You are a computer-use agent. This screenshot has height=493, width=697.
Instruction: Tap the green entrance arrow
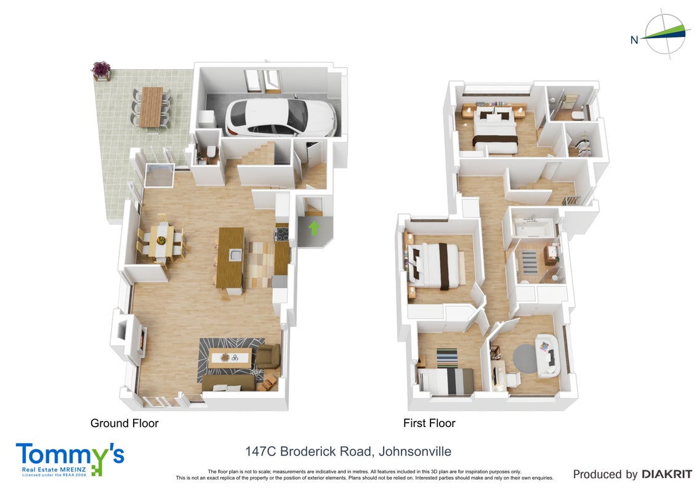314,228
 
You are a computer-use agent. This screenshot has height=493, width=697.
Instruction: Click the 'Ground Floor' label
124,423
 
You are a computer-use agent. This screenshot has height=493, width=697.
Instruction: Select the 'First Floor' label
429,423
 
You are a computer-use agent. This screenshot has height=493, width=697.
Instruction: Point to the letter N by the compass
634,40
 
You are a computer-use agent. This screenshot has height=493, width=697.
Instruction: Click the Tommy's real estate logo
70,459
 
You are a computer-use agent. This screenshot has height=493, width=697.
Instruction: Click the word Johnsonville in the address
415,452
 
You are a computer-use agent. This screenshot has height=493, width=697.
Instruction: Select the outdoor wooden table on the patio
151,107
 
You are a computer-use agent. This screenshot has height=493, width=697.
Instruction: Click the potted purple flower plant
101,70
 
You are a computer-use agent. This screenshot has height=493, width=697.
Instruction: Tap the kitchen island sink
235,255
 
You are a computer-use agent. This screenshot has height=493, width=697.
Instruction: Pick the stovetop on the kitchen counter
282,234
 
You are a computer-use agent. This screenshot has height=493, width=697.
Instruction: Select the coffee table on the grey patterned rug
230,358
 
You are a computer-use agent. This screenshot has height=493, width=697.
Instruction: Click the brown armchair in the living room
268,356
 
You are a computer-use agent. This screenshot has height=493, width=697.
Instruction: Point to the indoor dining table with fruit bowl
161,241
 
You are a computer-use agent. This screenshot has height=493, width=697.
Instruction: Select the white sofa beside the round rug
547,356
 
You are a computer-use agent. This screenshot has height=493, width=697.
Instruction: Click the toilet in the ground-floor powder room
211,152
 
